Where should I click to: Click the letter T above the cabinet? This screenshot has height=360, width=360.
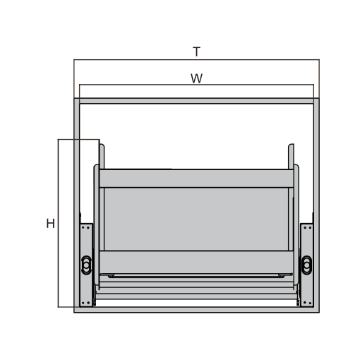pyautogui.click(x=196, y=52)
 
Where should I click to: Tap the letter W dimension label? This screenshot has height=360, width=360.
pyautogui.click(x=196, y=78)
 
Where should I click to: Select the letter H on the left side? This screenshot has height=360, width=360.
pyautogui.click(x=50, y=224)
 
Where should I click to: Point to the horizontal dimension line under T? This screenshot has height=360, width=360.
pyautogui.click(x=196, y=59)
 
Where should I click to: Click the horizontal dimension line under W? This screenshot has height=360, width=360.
pyautogui.click(x=196, y=84)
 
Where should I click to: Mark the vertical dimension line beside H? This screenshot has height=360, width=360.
pyautogui.click(x=58, y=223)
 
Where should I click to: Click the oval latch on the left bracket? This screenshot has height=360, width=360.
pyautogui.click(x=86, y=265)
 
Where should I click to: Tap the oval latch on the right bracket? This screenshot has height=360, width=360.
pyautogui.click(x=306, y=265)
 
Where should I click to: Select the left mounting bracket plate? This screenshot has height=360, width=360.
pyautogui.click(x=86, y=265)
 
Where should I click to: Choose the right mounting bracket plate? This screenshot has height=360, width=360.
pyautogui.click(x=306, y=265)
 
